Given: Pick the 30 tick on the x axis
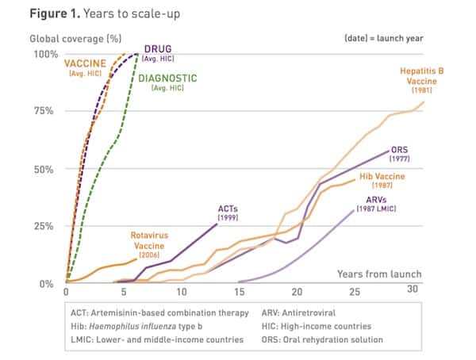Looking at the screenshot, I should [413, 293].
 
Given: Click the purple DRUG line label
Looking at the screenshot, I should [158, 49].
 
